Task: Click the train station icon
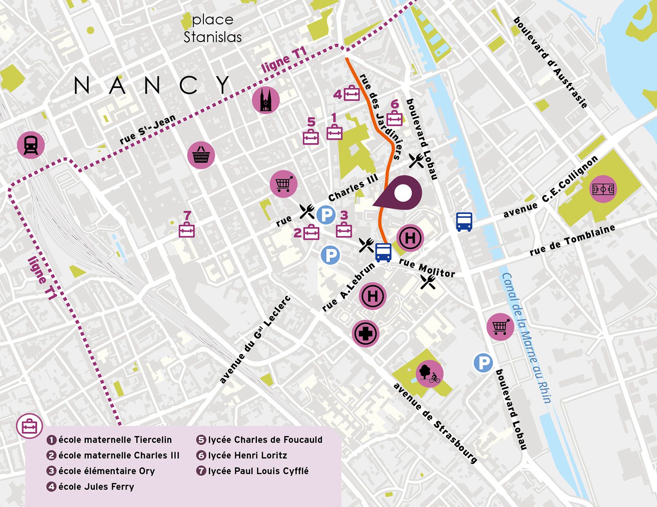pyautogui.click(x=31, y=145)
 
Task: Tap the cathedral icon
pyautogui.click(x=266, y=100)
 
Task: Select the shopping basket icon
pyautogui.click(x=201, y=155)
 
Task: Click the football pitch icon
pyautogui.click(x=603, y=189)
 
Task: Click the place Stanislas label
pyautogui.click(x=213, y=29)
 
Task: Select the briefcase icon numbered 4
pyautogui.click(x=351, y=94)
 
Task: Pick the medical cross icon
pyautogui.click(x=366, y=334)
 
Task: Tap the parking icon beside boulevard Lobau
pyautogui.click(x=483, y=363)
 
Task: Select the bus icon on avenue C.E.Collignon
pyautogui.click(x=464, y=221)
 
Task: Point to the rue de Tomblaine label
pyautogui.click(x=572, y=240)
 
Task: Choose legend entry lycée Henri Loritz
pyautogui.click(x=247, y=456)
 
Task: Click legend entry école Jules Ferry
pyautogui.click(x=96, y=487)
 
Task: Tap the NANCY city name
pyautogui.click(x=152, y=85)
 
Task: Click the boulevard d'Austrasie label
pyautogui.click(x=550, y=63)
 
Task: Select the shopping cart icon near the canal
pyautogui.click(x=500, y=327)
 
